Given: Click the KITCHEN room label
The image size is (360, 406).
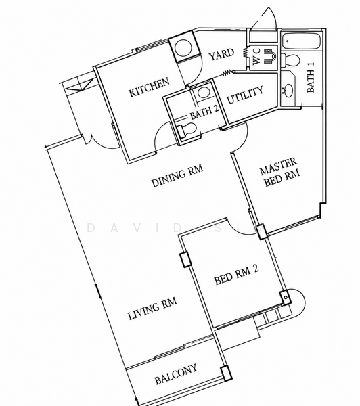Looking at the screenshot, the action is [150, 87].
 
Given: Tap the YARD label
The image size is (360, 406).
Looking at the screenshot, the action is [221, 54].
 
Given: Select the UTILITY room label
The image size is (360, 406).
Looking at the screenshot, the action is [245, 95].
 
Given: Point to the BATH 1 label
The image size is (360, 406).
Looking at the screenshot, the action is [311, 77].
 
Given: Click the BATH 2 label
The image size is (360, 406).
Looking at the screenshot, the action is [204, 112].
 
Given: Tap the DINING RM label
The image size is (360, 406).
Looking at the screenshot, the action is [177, 176].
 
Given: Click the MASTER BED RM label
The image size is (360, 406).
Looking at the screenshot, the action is [279, 172].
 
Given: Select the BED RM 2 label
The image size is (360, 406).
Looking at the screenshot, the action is [236, 275].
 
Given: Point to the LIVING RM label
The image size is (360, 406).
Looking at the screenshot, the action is [152, 308].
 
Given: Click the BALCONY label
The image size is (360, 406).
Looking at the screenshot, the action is [175, 374].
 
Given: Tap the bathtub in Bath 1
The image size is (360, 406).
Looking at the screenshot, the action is [302, 41].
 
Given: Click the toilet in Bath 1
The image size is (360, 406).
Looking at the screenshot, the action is [290, 61].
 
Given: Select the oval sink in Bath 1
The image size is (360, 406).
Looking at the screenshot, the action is [288, 91].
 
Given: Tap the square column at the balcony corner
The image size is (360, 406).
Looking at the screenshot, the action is [226, 373].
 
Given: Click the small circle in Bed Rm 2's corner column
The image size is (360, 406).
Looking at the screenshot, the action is [286, 298].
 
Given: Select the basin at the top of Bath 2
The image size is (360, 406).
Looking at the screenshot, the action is [203, 93].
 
